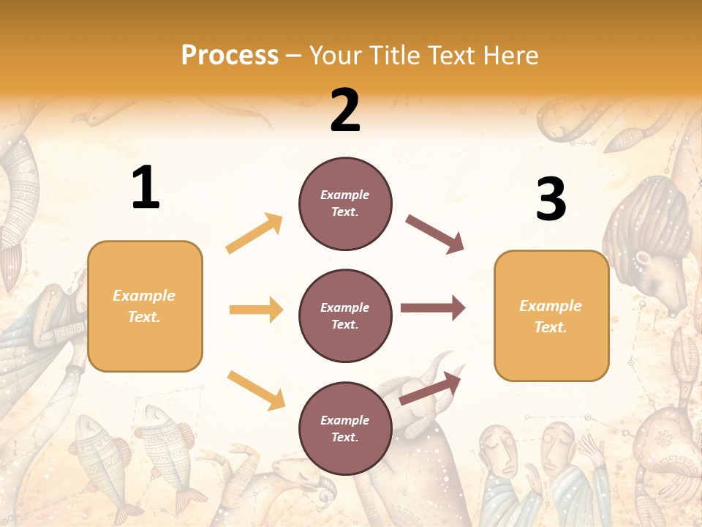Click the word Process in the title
230,56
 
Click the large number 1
146,188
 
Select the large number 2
345,111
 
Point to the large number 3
551,199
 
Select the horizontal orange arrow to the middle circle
256,310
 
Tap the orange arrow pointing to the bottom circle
256,389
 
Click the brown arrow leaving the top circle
435,234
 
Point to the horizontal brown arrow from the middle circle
433,308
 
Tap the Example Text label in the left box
144,306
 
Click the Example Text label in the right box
551,316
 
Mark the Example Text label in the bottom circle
344,428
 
